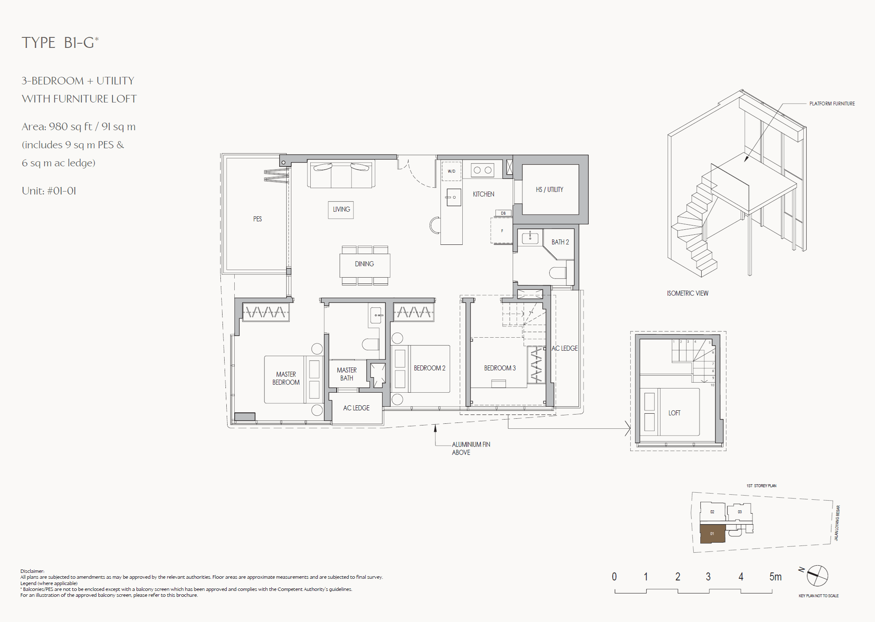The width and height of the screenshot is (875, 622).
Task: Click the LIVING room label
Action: point(341,209)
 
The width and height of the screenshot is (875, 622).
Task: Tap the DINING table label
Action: point(364,264)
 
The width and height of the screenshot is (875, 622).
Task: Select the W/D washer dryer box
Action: point(451,171)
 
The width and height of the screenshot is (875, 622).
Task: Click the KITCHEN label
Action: point(483,194)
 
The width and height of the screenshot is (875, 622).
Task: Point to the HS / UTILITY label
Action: point(549,189)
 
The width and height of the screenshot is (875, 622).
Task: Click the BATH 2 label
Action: point(560,242)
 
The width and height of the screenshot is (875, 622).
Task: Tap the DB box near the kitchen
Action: point(503,213)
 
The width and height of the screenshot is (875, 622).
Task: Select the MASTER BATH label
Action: point(346,374)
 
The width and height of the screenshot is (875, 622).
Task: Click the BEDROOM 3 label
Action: point(500,368)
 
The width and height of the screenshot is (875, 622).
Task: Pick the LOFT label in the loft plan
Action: point(674,413)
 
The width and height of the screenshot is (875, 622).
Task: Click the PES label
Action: point(257,219)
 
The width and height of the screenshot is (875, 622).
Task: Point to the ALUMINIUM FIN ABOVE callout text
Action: point(471,448)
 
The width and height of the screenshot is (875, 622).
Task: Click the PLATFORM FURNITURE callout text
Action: point(832,103)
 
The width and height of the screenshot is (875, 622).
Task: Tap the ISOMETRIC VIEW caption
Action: point(687,293)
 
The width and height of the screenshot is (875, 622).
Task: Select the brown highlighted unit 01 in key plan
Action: point(712,534)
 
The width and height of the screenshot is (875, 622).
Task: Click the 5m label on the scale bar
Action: point(775,577)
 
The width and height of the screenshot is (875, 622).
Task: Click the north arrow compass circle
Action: point(817,576)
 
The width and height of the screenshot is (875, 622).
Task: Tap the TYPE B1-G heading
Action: point(60,42)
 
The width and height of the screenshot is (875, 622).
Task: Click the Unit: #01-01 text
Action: point(49,191)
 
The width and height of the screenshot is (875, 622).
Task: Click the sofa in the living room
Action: point(341,174)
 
